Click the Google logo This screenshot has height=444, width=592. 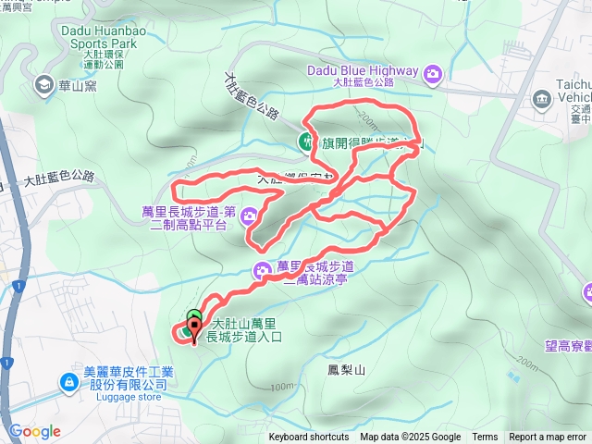(35, 431)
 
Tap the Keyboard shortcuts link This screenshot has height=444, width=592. (309, 438)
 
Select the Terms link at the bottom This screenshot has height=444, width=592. (485, 438)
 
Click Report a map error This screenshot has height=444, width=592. (548, 438)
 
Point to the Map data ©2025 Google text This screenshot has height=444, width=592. (410, 438)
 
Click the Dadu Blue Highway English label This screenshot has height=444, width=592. (363, 67)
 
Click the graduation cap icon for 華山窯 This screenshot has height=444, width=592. (43, 85)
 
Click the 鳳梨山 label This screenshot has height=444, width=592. (347, 370)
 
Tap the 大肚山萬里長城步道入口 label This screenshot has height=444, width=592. (242, 331)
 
